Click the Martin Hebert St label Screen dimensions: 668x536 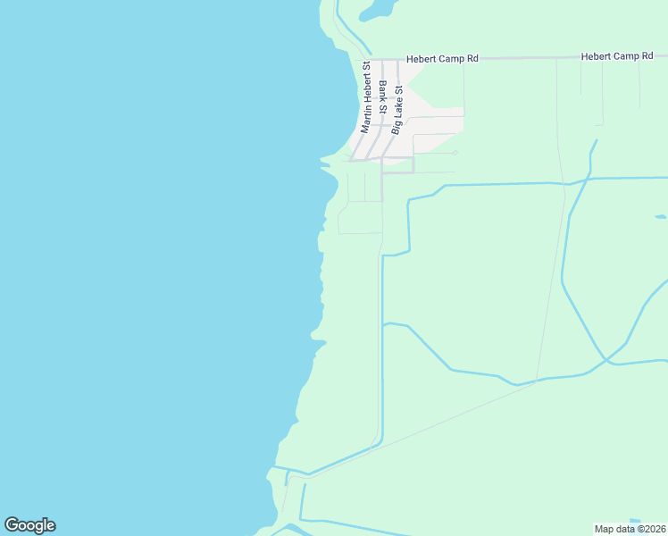pyautogui.click(x=365, y=96)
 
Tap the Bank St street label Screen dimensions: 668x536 pyautogui.click(x=382, y=96)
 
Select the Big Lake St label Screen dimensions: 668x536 pyautogui.click(x=397, y=109)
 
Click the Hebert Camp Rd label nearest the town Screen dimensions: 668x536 pyautogui.click(x=442, y=58)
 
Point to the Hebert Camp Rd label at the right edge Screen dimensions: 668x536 pyautogui.click(x=617, y=56)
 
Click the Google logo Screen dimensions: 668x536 pyautogui.click(x=29, y=525)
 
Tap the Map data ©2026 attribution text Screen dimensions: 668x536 pyautogui.click(x=630, y=528)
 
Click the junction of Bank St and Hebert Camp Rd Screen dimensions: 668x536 pyautogui.click(x=382, y=60)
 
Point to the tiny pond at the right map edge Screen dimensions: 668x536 pyautogui.click(x=660, y=216)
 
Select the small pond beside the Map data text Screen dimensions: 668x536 pyautogui.click(x=635, y=521)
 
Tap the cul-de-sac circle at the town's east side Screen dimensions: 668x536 pyautogui.click(x=455, y=153)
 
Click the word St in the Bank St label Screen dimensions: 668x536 pyautogui.click(x=383, y=107)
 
